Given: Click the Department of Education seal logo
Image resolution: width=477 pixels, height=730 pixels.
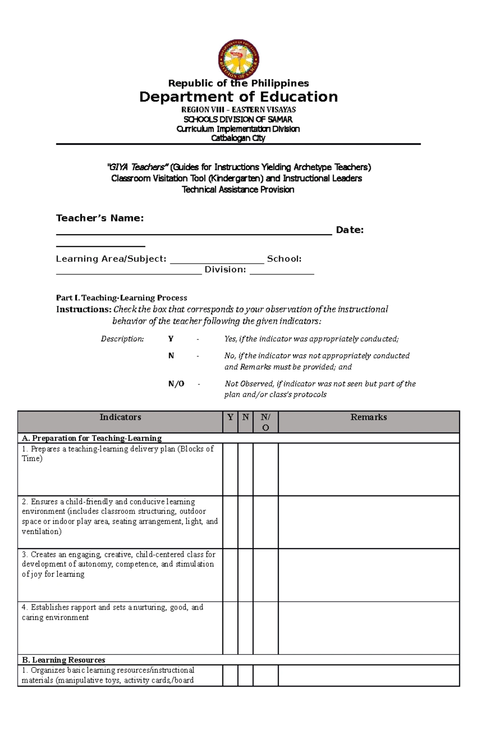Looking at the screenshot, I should pyautogui.click(x=239, y=60).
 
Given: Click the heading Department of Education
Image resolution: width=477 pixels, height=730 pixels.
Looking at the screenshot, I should pyautogui.click(x=238, y=97).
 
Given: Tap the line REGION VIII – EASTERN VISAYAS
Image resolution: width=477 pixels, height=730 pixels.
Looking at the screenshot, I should pyautogui.click(x=238, y=109).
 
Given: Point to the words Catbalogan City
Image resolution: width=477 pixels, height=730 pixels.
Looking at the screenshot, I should pyautogui.click(x=238, y=138).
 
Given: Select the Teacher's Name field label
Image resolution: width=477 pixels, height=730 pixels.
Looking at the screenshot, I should pyautogui.click(x=100, y=218).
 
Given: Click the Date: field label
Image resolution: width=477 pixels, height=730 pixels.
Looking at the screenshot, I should pyautogui.click(x=349, y=230).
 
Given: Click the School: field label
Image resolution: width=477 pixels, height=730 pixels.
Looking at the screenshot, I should pyautogui.click(x=284, y=259).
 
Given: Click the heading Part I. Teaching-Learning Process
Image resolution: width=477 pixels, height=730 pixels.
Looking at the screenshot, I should pyautogui.click(x=122, y=298).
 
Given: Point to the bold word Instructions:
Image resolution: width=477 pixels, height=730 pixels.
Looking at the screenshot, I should pyautogui.click(x=83, y=310).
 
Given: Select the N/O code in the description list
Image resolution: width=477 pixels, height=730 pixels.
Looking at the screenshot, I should pyautogui.click(x=176, y=383).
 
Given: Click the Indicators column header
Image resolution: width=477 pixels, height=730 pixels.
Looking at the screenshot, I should pyautogui.click(x=120, y=417).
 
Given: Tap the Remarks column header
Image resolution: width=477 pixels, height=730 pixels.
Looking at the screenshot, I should pyautogui.click(x=368, y=417).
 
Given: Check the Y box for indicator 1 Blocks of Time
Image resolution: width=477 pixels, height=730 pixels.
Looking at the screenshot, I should pyautogui.click(x=230, y=469).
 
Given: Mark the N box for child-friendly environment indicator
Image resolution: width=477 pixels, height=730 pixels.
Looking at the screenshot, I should pyautogui.click(x=246, y=522).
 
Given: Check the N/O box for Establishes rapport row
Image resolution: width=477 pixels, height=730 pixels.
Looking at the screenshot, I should pyautogui.click(x=266, y=628).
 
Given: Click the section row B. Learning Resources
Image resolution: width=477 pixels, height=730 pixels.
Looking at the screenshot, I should pyautogui.click(x=64, y=660).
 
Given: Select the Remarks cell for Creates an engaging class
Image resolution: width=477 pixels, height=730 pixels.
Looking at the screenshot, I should pyautogui.click(x=368, y=575).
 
